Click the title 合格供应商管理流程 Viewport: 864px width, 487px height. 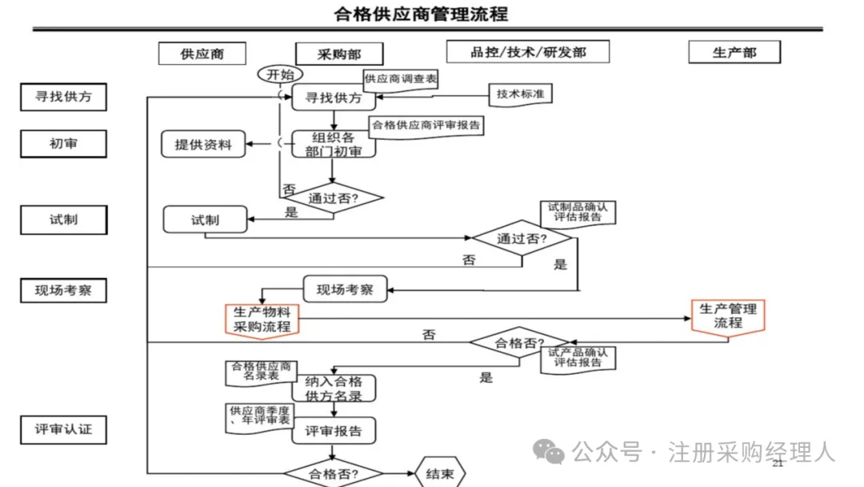(x=421, y=14)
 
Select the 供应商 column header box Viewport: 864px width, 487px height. (x=202, y=54)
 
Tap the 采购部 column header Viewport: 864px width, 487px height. (x=339, y=54)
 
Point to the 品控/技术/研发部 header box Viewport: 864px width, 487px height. (x=527, y=52)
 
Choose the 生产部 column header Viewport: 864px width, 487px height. (x=734, y=52)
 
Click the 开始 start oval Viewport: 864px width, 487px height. (x=280, y=74)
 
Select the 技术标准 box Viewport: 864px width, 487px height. (x=520, y=94)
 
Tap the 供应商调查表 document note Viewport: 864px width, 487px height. (x=400, y=79)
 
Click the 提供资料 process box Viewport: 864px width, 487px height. (x=203, y=144)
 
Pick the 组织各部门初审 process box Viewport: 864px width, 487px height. (x=333, y=144)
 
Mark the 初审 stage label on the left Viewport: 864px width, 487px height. (x=63, y=144)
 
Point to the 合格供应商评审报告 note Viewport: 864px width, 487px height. (x=427, y=126)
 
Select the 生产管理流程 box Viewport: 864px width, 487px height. (x=728, y=316)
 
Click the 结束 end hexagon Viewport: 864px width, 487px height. (x=439, y=474)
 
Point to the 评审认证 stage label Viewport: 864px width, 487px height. (x=63, y=429)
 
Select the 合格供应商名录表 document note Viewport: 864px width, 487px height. (x=261, y=372)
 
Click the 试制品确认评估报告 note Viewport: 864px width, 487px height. (x=578, y=211)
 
